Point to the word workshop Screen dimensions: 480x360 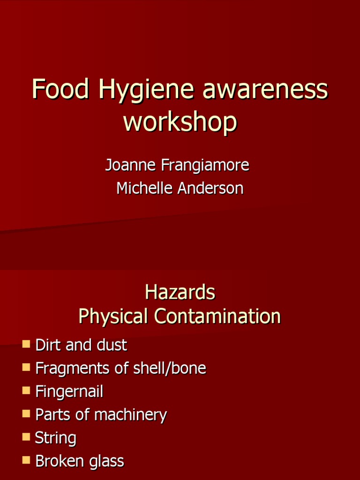pos(180,121)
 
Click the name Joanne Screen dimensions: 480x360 pos(131,165)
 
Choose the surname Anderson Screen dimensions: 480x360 pos(213,188)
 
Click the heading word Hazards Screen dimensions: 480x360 pos(180,292)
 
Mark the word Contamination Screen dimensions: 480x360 pos(217,316)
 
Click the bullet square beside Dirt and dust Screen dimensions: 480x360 pos(26,345)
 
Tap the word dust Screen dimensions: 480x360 pos(112,345)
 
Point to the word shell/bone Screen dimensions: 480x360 pos(174,368)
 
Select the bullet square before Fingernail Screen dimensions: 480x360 pos(26,390)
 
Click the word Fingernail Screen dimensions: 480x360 pos(69,392)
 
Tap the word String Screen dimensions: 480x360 pos(56,439)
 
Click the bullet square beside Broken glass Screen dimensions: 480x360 pos(26,460)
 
